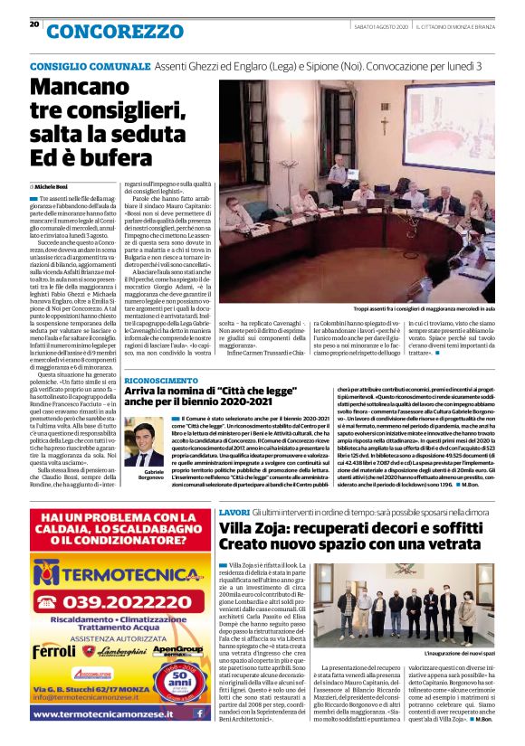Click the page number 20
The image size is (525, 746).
tap(34, 24)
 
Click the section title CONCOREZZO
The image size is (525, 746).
tap(115, 31)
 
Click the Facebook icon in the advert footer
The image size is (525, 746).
tap(199, 713)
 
